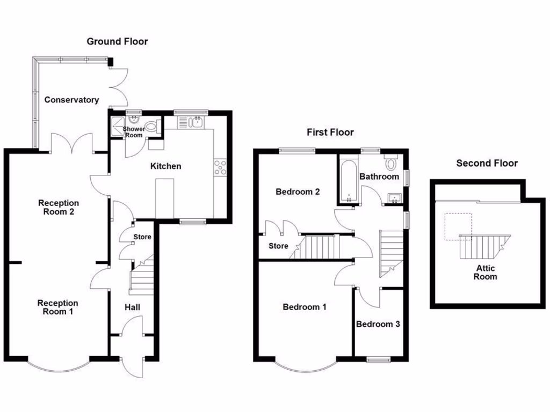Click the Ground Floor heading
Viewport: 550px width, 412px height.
coord(117,41)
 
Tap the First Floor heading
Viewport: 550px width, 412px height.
coord(330,133)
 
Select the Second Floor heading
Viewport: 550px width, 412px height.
coord(487,163)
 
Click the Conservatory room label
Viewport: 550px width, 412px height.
coord(71,100)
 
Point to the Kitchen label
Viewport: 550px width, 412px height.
coord(165,166)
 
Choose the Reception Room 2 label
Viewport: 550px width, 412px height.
coord(59,207)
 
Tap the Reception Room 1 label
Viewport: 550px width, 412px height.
coord(57,307)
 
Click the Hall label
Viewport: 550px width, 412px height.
coord(132,307)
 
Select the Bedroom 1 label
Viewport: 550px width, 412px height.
coord(305,307)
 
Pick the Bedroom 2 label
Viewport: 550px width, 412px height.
coord(298,192)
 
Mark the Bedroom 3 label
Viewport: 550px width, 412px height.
coord(378,324)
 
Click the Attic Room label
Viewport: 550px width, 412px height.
coord(485,273)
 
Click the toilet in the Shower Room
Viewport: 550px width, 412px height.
coord(153,127)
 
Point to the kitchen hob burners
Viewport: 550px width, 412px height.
coord(220,168)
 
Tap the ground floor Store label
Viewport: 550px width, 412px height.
coord(142,237)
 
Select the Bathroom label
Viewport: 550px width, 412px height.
coord(379,176)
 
